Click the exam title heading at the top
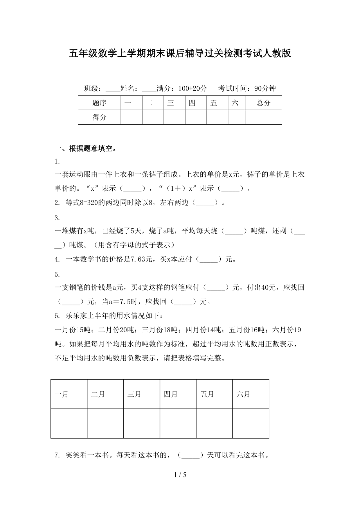pyautogui.click(x=180, y=54)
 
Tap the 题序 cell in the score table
pyautogui.click(x=99, y=103)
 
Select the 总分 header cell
pyautogui.click(x=263, y=103)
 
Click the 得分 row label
pyautogui.click(x=99, y=117)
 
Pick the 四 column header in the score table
pyautogui.click(x=192, y=103)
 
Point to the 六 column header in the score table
pyautogui.click(x=235, y=103)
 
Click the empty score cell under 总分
pyautogui.click(x=263, y=117)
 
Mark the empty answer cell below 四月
pyautogui.click(x=178, y=423)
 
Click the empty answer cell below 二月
pyautogui.click(x=105, y=423)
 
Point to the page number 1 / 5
pyautogui.click(x=180, y=475)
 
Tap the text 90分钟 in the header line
pyautogui.click(x=265, y=89)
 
